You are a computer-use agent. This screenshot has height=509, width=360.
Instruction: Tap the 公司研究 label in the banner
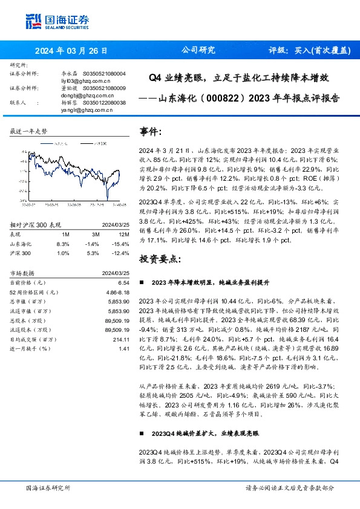click(x=198, y=51)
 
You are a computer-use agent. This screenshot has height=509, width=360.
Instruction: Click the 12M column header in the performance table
click(x=125, y=233)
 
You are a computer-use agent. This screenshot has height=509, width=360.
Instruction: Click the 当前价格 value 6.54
click(x=124, y=282)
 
